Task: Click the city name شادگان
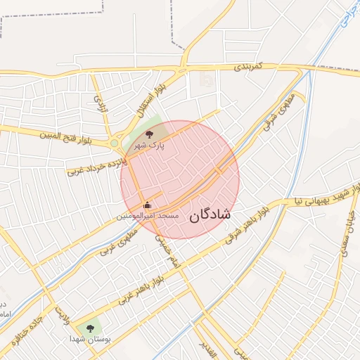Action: pos(210,216)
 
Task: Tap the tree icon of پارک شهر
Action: pos(148,134)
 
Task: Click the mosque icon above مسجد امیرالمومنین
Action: pos(147,206)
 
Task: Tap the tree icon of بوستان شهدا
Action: pos(89,328)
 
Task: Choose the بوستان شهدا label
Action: pos(88,339)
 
